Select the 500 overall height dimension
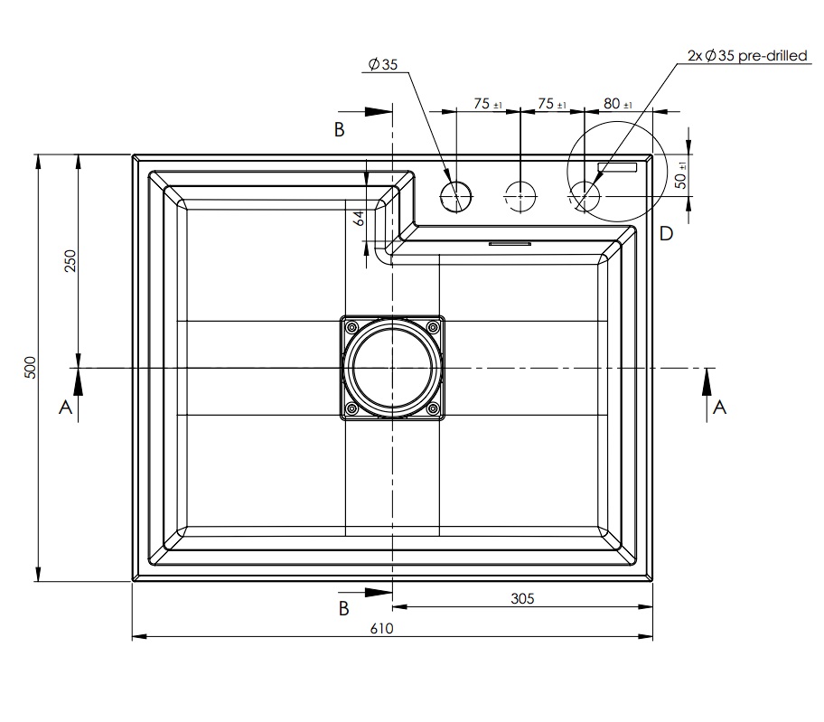point(30,367)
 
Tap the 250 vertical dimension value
point(70,260)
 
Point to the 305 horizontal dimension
point(522,598)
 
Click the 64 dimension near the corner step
point(358,217)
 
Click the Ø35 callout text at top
point(383,64)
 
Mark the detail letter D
point(666,234)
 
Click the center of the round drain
point(392,369)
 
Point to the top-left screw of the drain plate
point(352,326)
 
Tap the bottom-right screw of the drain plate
point(433,409)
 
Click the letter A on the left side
point(65,408)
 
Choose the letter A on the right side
point(719,408)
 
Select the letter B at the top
point(340,130)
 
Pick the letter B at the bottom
point(343,608)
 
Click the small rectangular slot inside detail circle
point(618,167)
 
